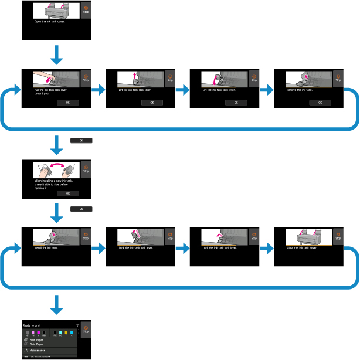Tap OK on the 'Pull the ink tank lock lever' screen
pos(68,102)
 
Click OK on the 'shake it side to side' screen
pos(68,193)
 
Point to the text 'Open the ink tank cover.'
pos(50,28)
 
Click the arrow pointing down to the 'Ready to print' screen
pos(57,304)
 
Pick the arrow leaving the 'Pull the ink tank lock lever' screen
pos(99,90)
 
